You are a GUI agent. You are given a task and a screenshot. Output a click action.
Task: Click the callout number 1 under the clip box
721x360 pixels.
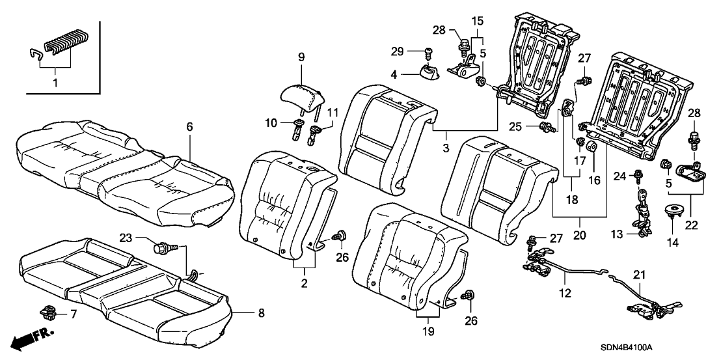55,83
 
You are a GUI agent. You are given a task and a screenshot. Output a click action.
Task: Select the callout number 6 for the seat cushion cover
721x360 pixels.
190,128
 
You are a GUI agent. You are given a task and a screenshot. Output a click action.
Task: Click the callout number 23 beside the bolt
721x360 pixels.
125,239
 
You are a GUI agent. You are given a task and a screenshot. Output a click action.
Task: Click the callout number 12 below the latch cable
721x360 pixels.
565,294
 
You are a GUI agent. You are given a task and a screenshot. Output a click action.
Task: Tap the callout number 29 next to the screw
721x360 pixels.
413,51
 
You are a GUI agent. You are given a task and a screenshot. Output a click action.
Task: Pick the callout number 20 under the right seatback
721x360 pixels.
578,234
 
